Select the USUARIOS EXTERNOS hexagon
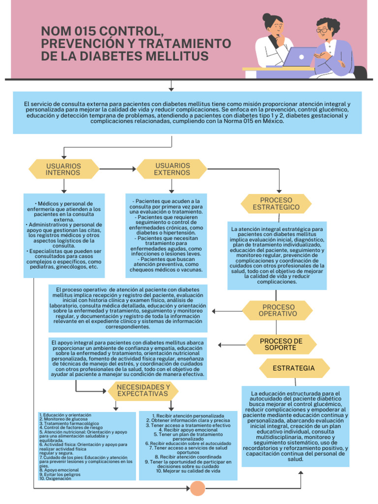171,169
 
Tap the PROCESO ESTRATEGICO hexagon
276,204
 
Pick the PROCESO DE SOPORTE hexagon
281,344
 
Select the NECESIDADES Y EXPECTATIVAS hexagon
143,391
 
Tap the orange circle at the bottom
197,488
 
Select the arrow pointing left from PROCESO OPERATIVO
225,311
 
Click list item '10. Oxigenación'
55,478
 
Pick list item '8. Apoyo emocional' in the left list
59,470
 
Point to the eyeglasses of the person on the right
322,31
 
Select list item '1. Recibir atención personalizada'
188,416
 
